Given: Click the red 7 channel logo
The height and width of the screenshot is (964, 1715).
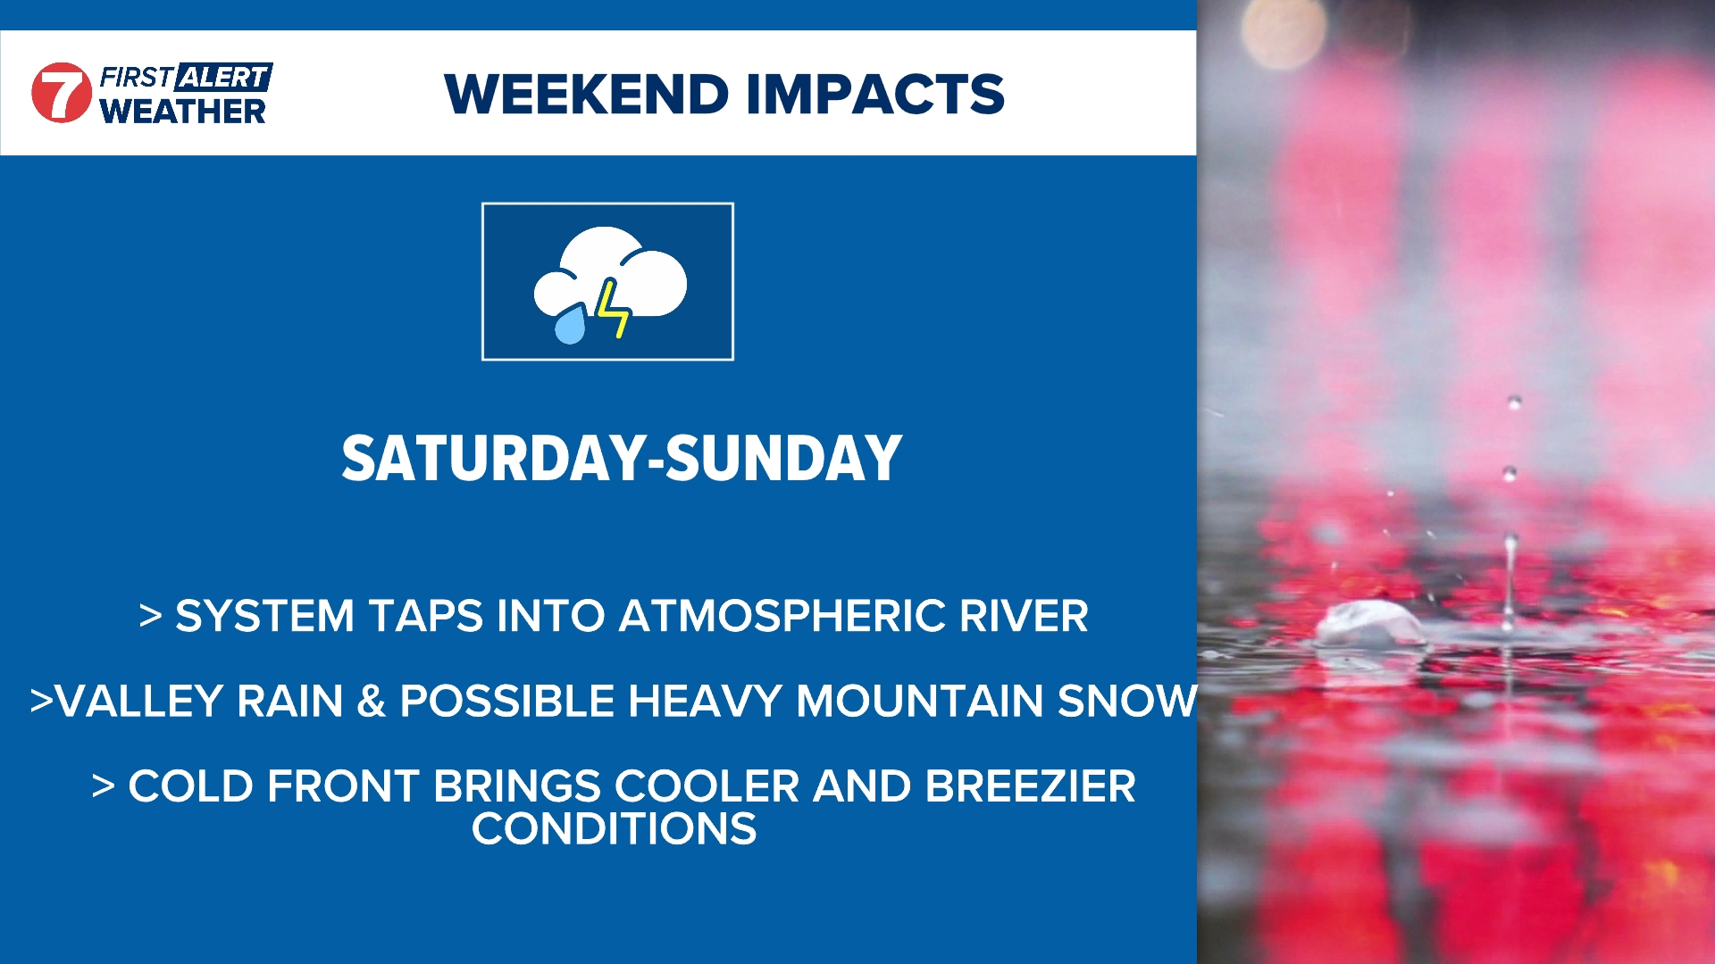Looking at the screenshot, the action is (x=62, y=93).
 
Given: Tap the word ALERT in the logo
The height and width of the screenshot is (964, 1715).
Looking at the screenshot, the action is (x=224, y=78).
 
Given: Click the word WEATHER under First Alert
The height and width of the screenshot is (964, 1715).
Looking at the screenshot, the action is (x=182, y=112).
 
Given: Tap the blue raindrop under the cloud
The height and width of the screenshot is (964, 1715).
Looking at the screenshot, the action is (x=571, y=324).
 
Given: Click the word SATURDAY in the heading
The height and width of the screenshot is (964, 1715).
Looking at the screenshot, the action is (x=493, y=459).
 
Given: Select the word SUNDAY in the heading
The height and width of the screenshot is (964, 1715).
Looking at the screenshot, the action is (x=783, y=459).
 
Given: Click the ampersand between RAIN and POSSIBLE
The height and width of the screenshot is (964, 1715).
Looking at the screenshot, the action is (x=372, y=702).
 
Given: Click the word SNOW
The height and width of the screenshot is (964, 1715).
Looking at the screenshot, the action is (x=1127, y=701).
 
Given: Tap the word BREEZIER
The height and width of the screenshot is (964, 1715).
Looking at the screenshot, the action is (x=1030, y=786).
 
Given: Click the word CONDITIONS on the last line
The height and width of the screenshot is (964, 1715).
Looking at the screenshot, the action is (x=615, y=829).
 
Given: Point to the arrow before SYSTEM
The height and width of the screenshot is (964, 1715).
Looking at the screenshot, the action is (x=151, y=616).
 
